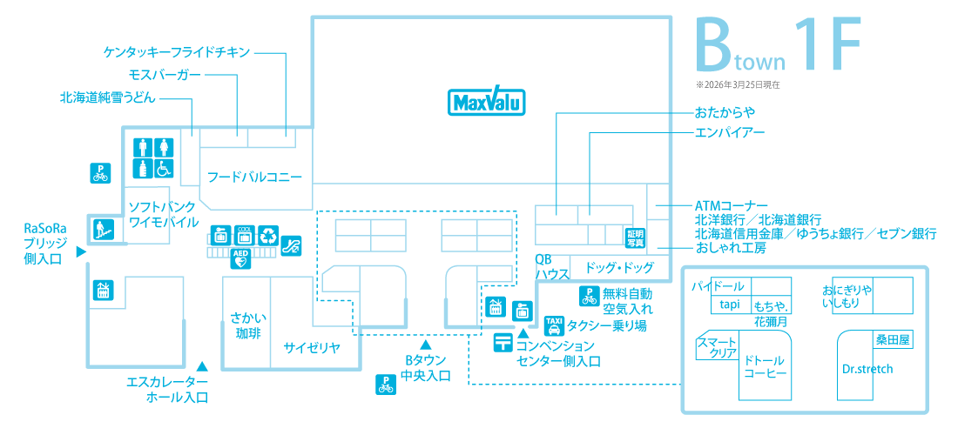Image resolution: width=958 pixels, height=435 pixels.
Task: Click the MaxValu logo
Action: [x=486, y=102]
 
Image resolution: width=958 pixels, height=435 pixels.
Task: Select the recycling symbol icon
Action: [x=269, y=234]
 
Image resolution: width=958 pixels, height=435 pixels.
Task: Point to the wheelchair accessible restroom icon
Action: [x=164, y=167]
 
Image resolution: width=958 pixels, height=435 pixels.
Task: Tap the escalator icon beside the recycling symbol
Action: [x=293, y=245]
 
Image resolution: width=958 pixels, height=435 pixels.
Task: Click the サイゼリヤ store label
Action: [x=310, y=348]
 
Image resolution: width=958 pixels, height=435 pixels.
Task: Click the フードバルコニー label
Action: [x=254, y=177]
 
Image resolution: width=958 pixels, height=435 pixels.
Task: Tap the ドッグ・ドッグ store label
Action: [x=619, y=267]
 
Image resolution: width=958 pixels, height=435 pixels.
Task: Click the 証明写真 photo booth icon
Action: [x=634, y=238]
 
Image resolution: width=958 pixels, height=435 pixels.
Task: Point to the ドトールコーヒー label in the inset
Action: [x=765, y=366]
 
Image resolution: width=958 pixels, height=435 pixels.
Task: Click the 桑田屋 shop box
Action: [x=893, y=340]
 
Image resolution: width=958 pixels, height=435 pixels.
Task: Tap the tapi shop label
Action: [x=729, y=304]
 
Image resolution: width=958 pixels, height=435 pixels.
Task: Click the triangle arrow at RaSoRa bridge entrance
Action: [x=80, y=252]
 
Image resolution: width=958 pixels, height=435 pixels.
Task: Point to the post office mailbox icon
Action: [x=503, y=342]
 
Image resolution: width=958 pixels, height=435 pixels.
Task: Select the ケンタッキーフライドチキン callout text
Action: [x=177, y=52]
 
